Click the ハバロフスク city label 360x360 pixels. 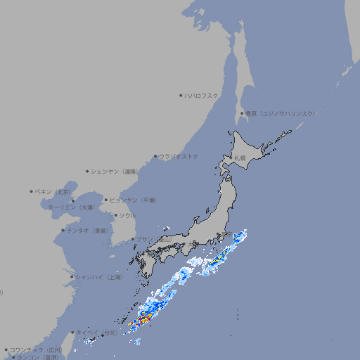click(202, 95)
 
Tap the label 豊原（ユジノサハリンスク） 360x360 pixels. click(280, 113)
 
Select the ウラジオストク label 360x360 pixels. click(179, 156)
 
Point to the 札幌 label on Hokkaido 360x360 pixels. click(240, 158)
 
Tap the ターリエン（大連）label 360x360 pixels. click(70, 207)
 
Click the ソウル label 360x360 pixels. click(127, 215)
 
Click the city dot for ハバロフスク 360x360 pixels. click(181, 95)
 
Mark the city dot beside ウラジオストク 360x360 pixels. click(155, 156)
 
